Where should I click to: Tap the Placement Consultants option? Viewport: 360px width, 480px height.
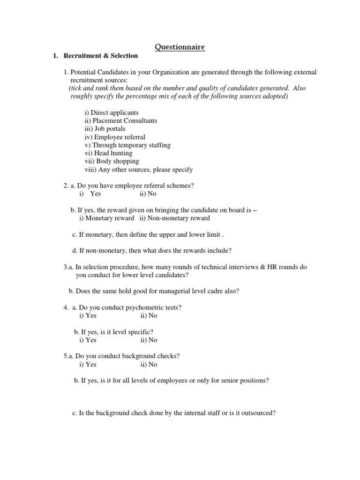[x=121, y=120]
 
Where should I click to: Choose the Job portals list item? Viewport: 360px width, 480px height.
[x=105, y=128]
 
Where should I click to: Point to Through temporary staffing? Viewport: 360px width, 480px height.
[x=127, y=145]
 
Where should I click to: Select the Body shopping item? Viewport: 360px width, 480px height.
[x=112, y=161]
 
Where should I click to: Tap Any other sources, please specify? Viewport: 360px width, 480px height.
[x=139, y=170]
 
